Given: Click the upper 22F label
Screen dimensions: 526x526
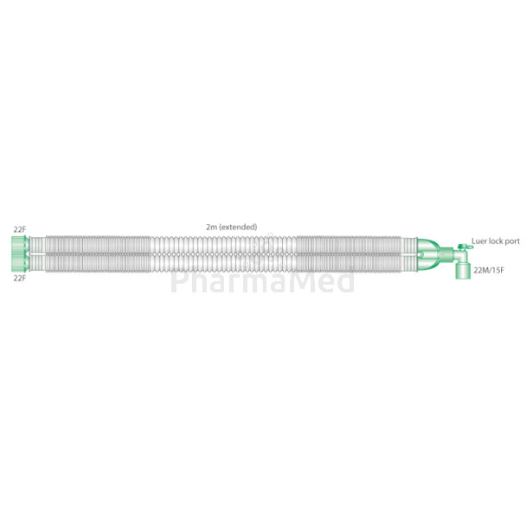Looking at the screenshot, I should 19,228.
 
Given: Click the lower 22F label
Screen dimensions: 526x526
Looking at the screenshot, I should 19,279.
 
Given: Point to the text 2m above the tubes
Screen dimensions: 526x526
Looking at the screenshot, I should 211,227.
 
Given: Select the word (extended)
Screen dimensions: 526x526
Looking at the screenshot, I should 238,227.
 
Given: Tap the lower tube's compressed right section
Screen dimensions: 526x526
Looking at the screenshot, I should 355,263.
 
